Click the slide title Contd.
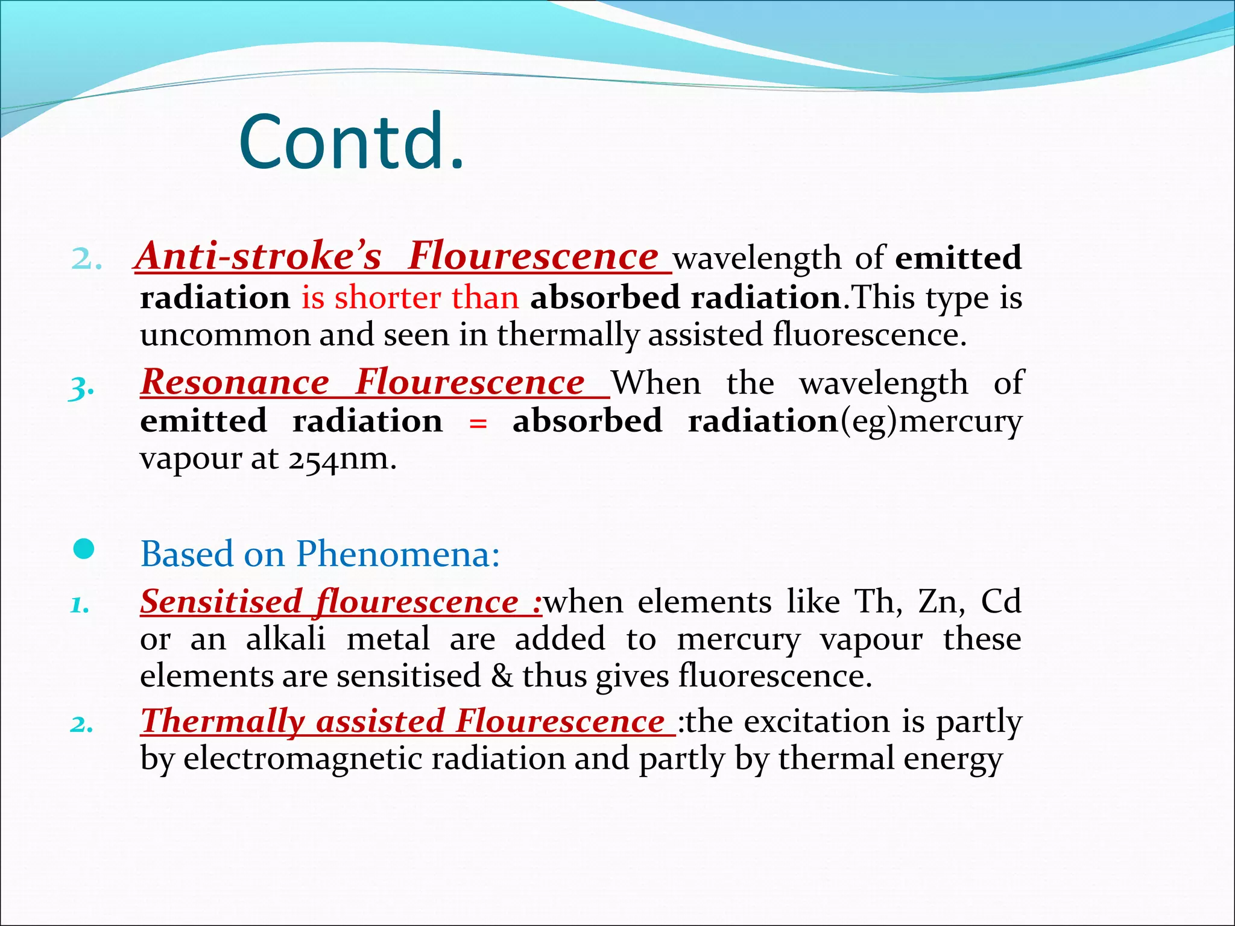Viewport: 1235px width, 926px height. [x=352, y=142]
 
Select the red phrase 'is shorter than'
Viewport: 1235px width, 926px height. [x=410, y=297]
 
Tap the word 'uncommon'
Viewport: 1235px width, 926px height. [x=224, y=335]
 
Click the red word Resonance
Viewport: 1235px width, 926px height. [x=235, y=382]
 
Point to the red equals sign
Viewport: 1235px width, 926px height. [x=478, y=423]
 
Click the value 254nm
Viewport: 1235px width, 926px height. [x=341, y=459]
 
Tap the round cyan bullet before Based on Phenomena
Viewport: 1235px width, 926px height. [x=84, y=549]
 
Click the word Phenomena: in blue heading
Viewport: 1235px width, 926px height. [x=398, y=553]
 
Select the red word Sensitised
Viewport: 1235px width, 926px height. [x=221, y=602]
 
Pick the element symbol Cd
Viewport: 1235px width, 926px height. [x=1001, y=602]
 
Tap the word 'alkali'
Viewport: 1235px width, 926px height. [x=286, y=639]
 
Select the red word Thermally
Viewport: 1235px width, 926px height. [x=222, y=721]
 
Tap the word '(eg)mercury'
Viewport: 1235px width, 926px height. [x=931, y=421]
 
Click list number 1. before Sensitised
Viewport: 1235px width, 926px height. [x=80, y=605]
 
